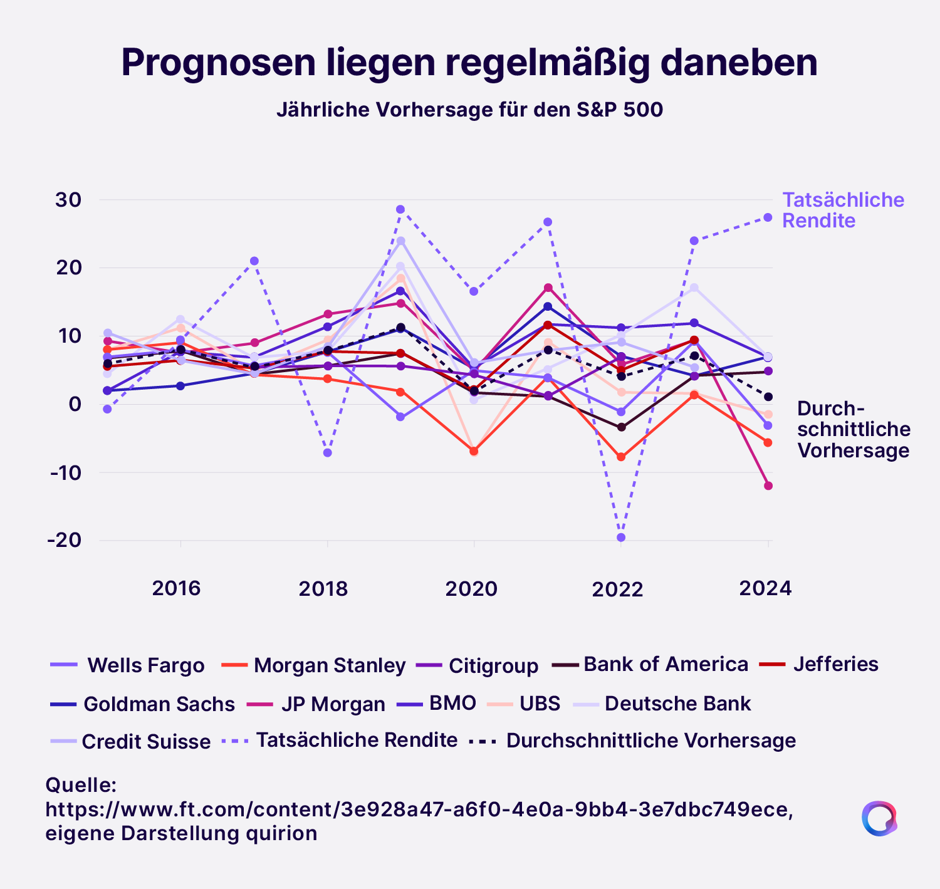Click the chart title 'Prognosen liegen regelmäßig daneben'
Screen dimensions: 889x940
(469, 63)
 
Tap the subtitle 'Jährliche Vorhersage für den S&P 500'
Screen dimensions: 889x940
(469, 110)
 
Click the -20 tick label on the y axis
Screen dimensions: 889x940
(65, 540)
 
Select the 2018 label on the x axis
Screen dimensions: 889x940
(323, 589)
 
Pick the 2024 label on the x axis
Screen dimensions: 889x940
(765, 588)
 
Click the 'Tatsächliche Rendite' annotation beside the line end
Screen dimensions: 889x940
(843, 210)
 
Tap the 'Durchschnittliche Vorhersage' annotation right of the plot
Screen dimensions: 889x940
(853, 429)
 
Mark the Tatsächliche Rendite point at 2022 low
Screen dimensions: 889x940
(621, 538)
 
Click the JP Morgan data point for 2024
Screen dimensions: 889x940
(768, 486)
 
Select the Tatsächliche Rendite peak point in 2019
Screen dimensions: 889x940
(400, 209)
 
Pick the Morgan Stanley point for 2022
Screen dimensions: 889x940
(621, 457)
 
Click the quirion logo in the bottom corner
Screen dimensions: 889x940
(879, 818)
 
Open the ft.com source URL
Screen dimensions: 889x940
(419, 809)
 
